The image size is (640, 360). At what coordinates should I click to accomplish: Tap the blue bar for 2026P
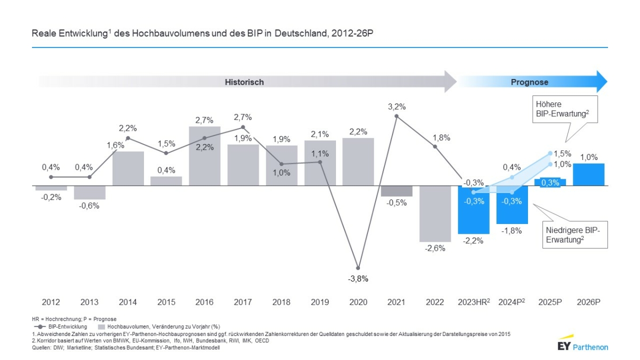(588, 174)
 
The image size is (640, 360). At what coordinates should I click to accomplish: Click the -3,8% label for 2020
(358, 278)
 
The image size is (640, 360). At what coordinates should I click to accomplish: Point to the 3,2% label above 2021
(396, 106)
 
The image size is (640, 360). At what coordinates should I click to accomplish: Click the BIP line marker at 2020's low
(358, 268)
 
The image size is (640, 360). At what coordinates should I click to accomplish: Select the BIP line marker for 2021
(396, 117)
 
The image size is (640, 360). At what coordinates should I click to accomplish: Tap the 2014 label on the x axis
(128, 302)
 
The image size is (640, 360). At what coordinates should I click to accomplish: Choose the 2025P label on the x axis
(550, 302)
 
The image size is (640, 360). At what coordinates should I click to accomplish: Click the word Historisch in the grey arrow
(244, 82)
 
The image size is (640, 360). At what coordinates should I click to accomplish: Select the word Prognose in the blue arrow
(530, 82)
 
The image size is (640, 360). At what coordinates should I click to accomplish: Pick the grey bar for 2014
(128, 169)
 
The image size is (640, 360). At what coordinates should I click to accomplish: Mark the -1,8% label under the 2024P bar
(512, 231)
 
